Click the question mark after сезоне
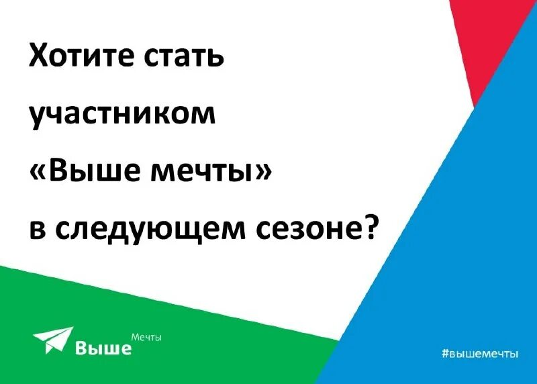point(371,228)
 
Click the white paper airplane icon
point(52,339)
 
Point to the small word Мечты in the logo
point(146,336)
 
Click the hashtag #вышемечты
point(480,353)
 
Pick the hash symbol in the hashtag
point(445,353)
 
